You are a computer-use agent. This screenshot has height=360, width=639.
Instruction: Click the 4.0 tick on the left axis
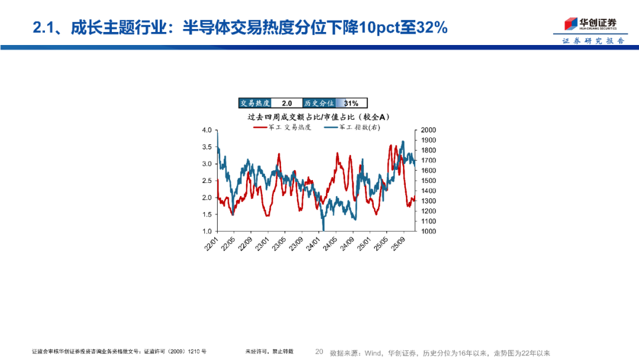(207, 130)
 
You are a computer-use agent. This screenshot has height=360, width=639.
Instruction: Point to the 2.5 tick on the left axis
(207, 181)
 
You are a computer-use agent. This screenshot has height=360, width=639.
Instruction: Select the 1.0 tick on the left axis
(207, 232)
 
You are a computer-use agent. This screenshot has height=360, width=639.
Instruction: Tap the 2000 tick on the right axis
(428, 130)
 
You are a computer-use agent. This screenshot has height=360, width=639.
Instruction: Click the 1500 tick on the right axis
(428, 181)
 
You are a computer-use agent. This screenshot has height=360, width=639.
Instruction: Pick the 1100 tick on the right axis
(428, 221)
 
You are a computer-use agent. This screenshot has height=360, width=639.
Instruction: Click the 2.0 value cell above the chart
(286, 103)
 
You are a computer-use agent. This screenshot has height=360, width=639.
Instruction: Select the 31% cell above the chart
(351, 103)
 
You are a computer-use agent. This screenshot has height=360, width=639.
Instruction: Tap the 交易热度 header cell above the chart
(255, 103)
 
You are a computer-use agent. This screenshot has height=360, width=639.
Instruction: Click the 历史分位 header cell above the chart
(318, 103)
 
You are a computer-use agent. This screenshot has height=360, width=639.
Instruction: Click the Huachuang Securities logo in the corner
(589, 24)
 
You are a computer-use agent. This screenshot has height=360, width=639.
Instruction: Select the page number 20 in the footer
(319, 352)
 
